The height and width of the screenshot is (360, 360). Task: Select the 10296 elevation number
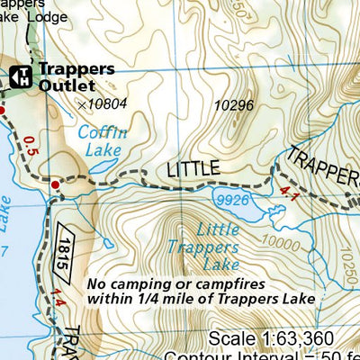tap(235, 106)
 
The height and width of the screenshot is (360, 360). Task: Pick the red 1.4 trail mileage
tap(59, 299)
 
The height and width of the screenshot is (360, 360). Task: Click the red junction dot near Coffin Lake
tap(55, 184)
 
